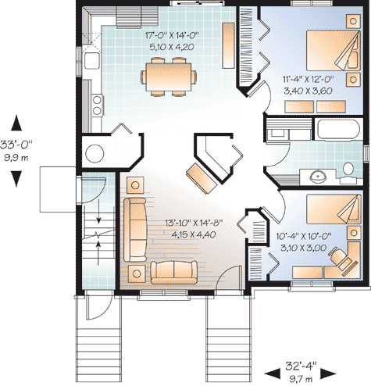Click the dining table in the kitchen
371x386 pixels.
(169, 77)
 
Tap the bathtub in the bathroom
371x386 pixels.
(338, 129)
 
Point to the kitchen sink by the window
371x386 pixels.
(91, 61)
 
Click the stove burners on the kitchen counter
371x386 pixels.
(97, 105)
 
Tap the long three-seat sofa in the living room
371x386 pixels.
(135, 230)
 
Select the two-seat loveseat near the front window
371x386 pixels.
(174, 272)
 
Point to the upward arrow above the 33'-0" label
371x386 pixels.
(16, 123)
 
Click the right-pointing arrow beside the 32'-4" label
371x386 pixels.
(329, 373)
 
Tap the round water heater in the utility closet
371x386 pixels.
(95, 153)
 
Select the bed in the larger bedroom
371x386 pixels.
(334, 51)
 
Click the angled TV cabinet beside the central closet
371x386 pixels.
(202, 178)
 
